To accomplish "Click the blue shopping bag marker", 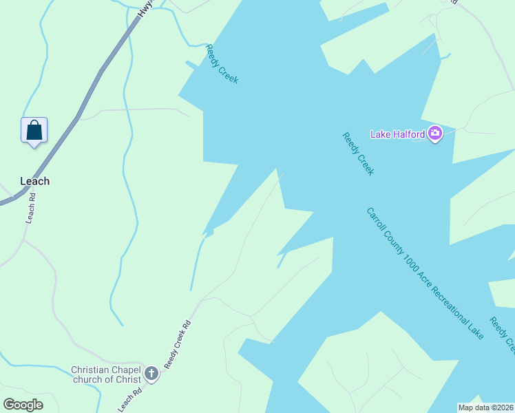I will tap(34, 130).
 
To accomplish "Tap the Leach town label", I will tap(34, 181).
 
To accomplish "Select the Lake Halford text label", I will tap(397, 134).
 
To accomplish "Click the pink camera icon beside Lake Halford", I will tap(434, 134).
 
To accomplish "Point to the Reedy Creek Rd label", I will tap(177, 343).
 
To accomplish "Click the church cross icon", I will tap(151, 375).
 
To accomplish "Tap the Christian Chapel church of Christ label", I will tap(105, 374).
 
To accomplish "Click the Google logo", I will tap(23, 405).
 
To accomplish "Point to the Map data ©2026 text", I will tap(485, 407).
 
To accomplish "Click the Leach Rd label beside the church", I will tap(132, 399).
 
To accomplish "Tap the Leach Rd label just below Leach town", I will tap(30, 207).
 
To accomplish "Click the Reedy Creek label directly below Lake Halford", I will tap(358, 154).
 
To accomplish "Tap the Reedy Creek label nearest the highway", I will tap(222, 64).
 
